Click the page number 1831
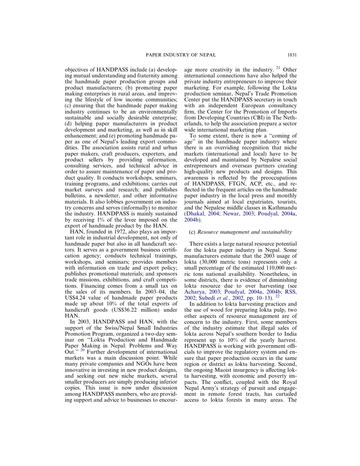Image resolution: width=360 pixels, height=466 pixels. click(x=291, y=55)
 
